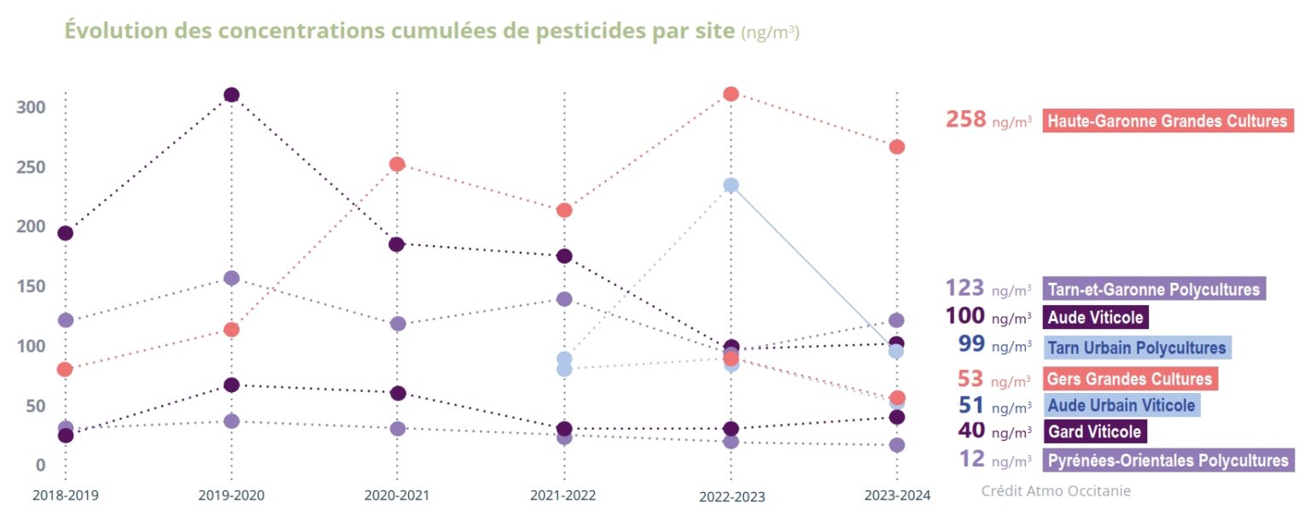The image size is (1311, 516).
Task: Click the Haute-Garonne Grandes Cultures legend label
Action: coord(1168,120)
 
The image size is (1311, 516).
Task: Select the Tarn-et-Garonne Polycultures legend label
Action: coord(1153,289)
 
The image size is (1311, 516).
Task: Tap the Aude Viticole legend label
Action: coord(1095,317)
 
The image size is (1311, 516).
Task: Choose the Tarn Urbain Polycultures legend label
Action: coord(1136,347)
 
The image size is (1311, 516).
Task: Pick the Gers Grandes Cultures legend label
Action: coord(1130,378)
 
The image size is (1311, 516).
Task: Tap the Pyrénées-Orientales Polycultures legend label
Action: coord(1167,460)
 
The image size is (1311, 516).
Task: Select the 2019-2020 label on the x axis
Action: coord(230,495)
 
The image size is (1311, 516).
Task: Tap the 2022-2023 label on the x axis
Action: coord(731,496)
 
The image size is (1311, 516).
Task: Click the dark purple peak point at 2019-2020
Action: coord(230,95)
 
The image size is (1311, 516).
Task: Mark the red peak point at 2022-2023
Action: coord(731,93)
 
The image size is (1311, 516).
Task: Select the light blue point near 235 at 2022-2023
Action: coord(731,185)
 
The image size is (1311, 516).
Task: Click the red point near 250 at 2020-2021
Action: coord(398,164)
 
